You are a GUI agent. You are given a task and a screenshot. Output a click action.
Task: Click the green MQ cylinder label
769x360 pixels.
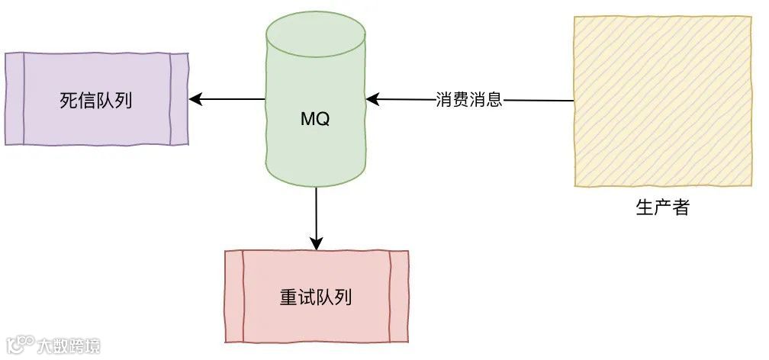coord(315,120)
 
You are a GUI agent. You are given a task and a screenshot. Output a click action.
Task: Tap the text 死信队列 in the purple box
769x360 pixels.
coord(96,100)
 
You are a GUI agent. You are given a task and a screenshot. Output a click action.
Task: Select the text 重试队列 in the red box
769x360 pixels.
coord(316,297)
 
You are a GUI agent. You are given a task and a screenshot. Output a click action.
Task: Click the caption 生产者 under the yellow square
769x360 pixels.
coord(662,207)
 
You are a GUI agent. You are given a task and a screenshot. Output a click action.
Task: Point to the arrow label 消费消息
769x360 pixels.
coord(469,100)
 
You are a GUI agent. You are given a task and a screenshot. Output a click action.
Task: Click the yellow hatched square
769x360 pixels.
coord(662,101)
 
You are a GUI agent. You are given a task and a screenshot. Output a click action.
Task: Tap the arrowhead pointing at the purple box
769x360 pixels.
coord(195,99)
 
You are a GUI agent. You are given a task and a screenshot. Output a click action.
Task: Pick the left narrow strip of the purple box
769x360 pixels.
coord(14,99)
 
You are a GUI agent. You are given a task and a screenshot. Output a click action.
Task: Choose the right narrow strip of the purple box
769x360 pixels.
coord(179,99)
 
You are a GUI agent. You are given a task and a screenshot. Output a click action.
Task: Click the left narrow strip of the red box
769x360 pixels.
coord(234,297)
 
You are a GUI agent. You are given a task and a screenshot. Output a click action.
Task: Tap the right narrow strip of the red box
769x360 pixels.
coord(399,297)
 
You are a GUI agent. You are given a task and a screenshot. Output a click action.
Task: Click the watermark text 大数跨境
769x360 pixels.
coord(69,346)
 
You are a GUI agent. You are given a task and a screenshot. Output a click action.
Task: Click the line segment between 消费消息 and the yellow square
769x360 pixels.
coord(538,100)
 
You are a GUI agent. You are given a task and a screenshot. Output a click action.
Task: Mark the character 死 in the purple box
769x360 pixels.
coord(69,100)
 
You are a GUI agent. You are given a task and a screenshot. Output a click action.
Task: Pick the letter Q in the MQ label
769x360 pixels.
coord(323,120)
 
